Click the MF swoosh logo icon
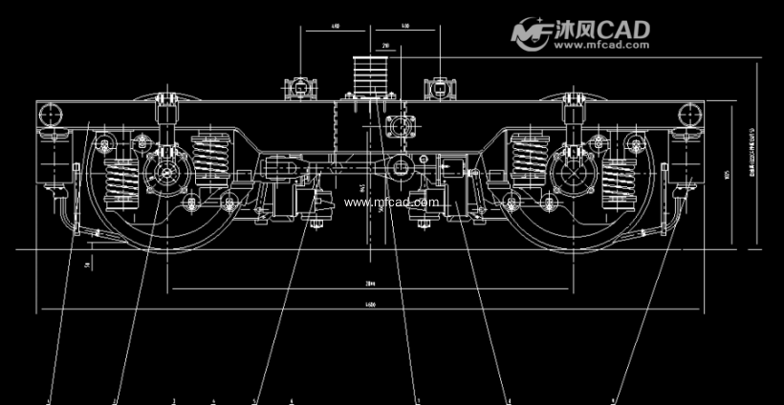click(532, 33)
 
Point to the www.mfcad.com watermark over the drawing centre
click(392, 202)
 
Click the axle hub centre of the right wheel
click(574, 175)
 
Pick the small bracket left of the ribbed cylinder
click(304, 87)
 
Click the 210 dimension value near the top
click(384, 45)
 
